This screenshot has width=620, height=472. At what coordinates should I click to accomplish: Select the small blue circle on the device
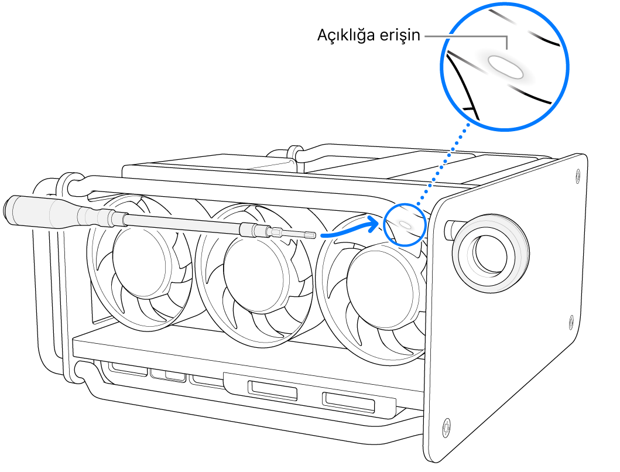404,224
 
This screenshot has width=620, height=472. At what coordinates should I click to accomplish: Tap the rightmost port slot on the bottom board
348,402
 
